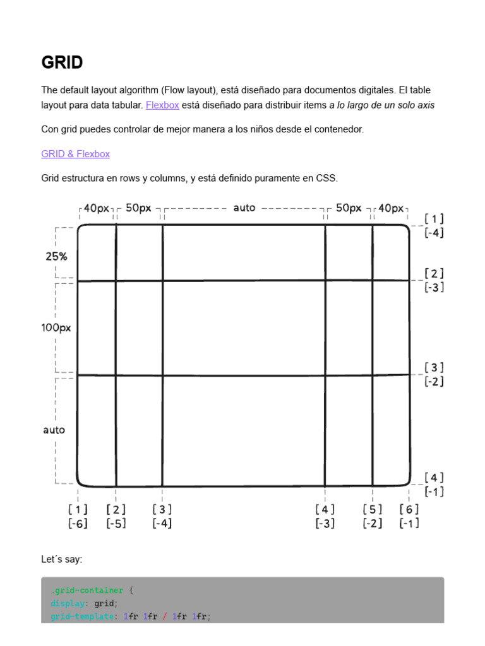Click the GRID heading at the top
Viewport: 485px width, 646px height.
click(62, 62)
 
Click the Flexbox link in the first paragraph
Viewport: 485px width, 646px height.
click(162, 105)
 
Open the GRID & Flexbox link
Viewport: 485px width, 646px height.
click(75, 154)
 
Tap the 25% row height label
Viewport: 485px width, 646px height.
click(56, 256)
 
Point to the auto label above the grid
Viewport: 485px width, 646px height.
click(244, 208)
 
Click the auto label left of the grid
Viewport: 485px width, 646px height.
click(54, 430)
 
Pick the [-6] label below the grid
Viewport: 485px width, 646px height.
click(78, 523)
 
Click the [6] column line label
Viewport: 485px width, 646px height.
click(409, 509)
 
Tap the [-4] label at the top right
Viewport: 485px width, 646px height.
click(434, 233)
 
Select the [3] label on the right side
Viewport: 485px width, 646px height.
click(434, 367)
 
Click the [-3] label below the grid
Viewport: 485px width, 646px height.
click(325, 523)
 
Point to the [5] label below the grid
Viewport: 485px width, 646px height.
click(373, 509)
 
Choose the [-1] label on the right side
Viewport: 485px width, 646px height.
click(434, 491)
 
